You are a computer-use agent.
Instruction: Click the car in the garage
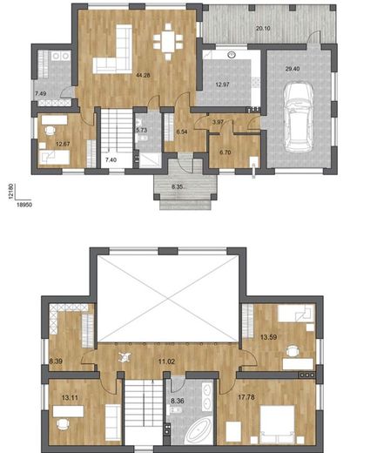[299, 118]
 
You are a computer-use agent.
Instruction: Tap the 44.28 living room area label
[143, 75]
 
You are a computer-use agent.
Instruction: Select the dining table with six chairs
[168, 42]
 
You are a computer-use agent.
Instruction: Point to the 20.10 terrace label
[263, 28]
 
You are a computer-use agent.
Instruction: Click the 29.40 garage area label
[293, 69]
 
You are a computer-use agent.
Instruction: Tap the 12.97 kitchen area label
[222, 85]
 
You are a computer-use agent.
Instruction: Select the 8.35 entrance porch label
[177, 186]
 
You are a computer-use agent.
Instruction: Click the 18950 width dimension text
[24, 205]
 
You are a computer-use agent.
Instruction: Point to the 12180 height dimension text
[11, 191]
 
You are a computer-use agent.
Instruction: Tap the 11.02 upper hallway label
[166, 362]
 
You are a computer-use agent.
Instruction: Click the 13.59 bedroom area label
[268, 337]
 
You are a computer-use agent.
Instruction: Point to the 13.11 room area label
[70, 397]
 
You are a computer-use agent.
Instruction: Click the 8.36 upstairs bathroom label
[178, 401]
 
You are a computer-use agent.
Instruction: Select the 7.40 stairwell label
[111, 159]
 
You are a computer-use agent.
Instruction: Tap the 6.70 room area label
[225, 152]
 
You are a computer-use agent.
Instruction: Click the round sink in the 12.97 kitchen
[232, 54]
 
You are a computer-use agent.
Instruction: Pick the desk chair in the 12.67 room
[50, 131]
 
